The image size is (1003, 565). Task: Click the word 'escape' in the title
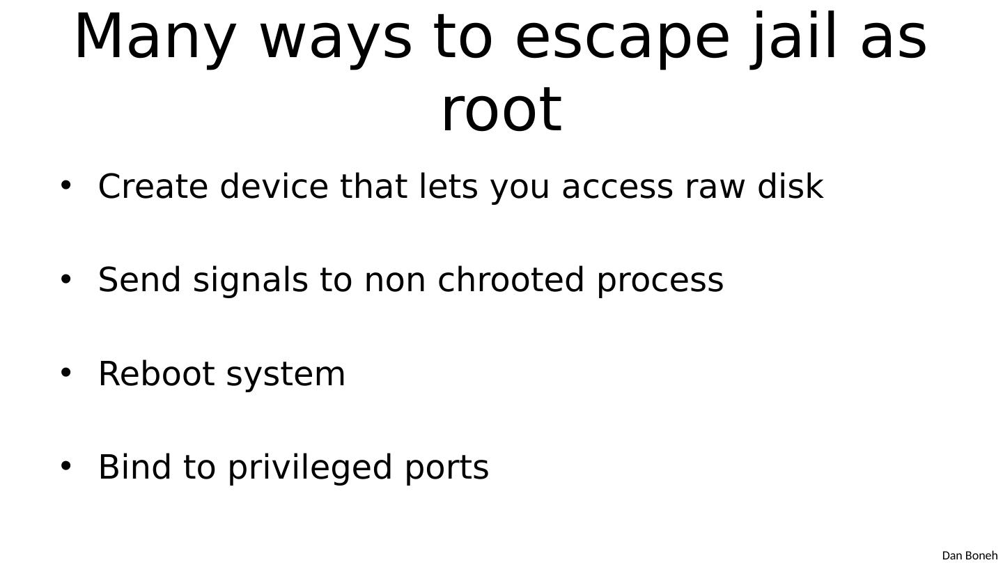coord(622,38)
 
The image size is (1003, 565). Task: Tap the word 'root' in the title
coord(501,109)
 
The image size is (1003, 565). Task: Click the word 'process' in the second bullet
coord(660,280)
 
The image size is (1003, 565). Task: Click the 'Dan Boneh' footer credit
coord(969,555)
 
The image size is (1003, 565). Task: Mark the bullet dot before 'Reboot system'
coord(66,373)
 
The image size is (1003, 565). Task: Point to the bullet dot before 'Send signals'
coord(66,279)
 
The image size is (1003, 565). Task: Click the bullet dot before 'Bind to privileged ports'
coord(66,466)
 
